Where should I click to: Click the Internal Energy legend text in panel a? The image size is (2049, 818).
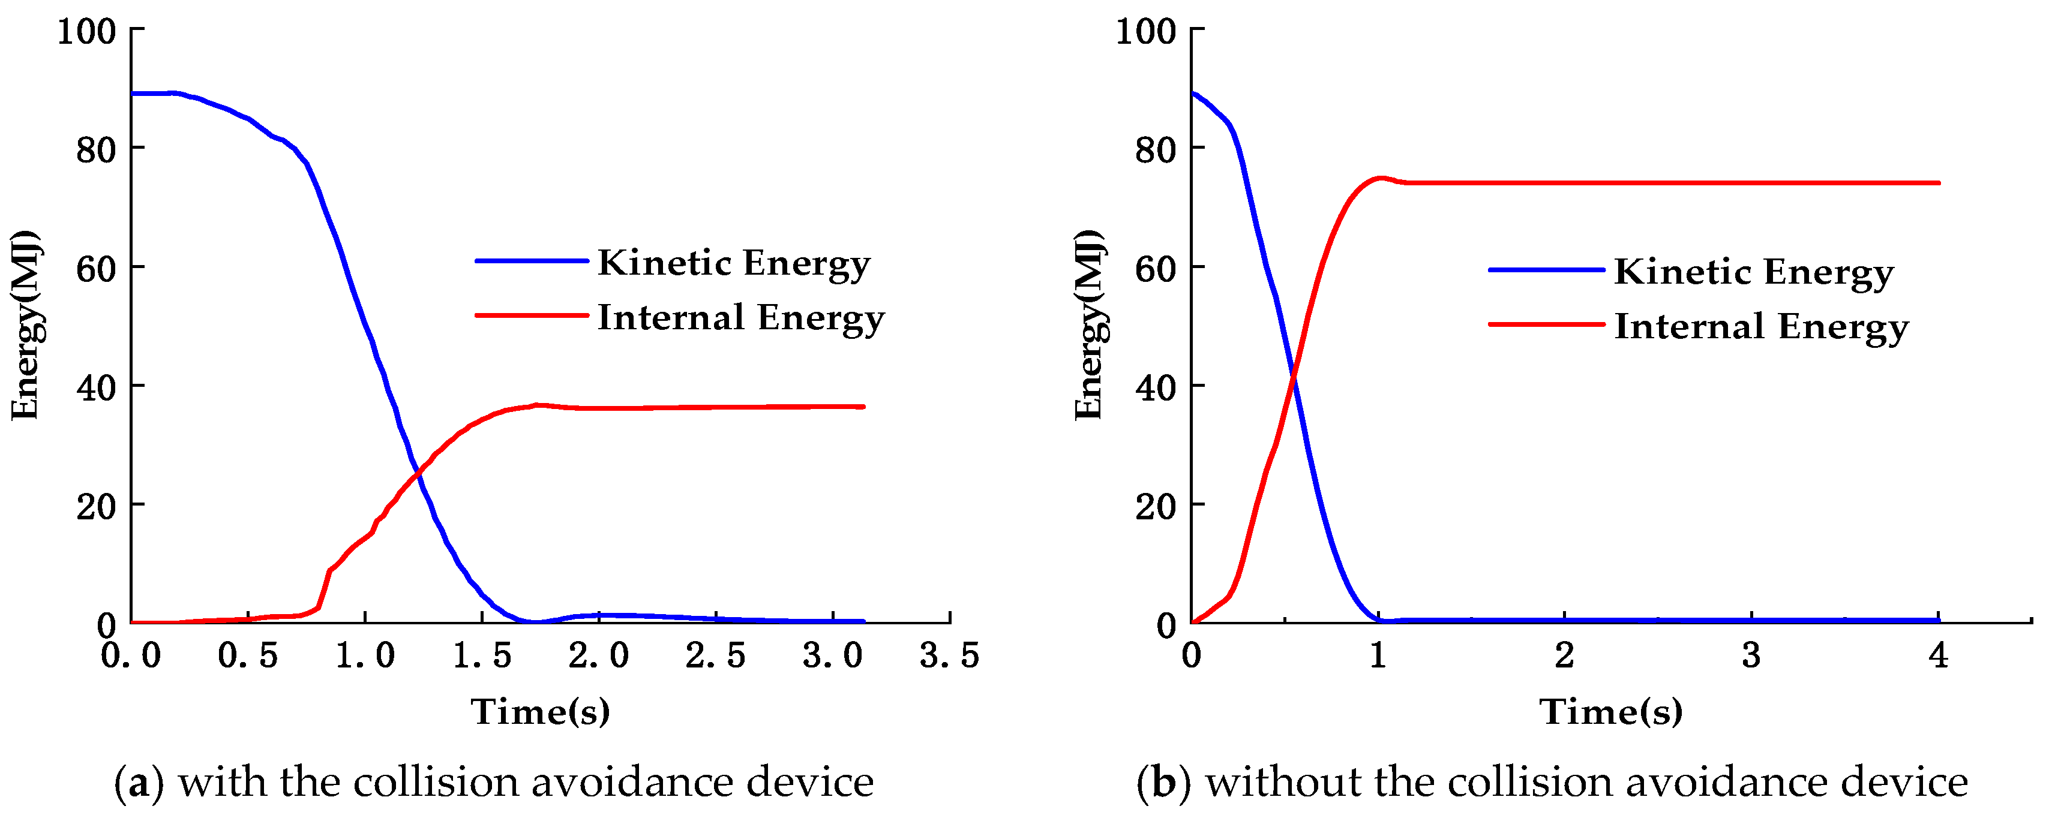coord(740,317)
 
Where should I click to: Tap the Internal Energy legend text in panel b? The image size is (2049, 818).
coord(1760,327)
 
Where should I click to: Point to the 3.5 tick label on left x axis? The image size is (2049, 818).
coord(949,656)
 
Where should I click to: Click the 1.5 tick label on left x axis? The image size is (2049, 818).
coord(481,656)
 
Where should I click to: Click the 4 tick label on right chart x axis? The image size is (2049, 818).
coord(1937,656)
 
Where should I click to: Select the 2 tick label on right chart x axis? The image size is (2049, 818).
coord(1564,656)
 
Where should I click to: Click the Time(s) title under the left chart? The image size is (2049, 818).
coord(540,711)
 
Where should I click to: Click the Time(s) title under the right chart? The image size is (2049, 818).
coord(1611,711)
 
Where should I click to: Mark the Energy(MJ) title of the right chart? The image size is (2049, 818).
coord(1088,325)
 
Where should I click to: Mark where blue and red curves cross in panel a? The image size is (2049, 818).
coord(418,474)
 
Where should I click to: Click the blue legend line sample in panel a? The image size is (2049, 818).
coord(532,261)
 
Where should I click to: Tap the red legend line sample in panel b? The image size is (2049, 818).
coord(1546,324)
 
